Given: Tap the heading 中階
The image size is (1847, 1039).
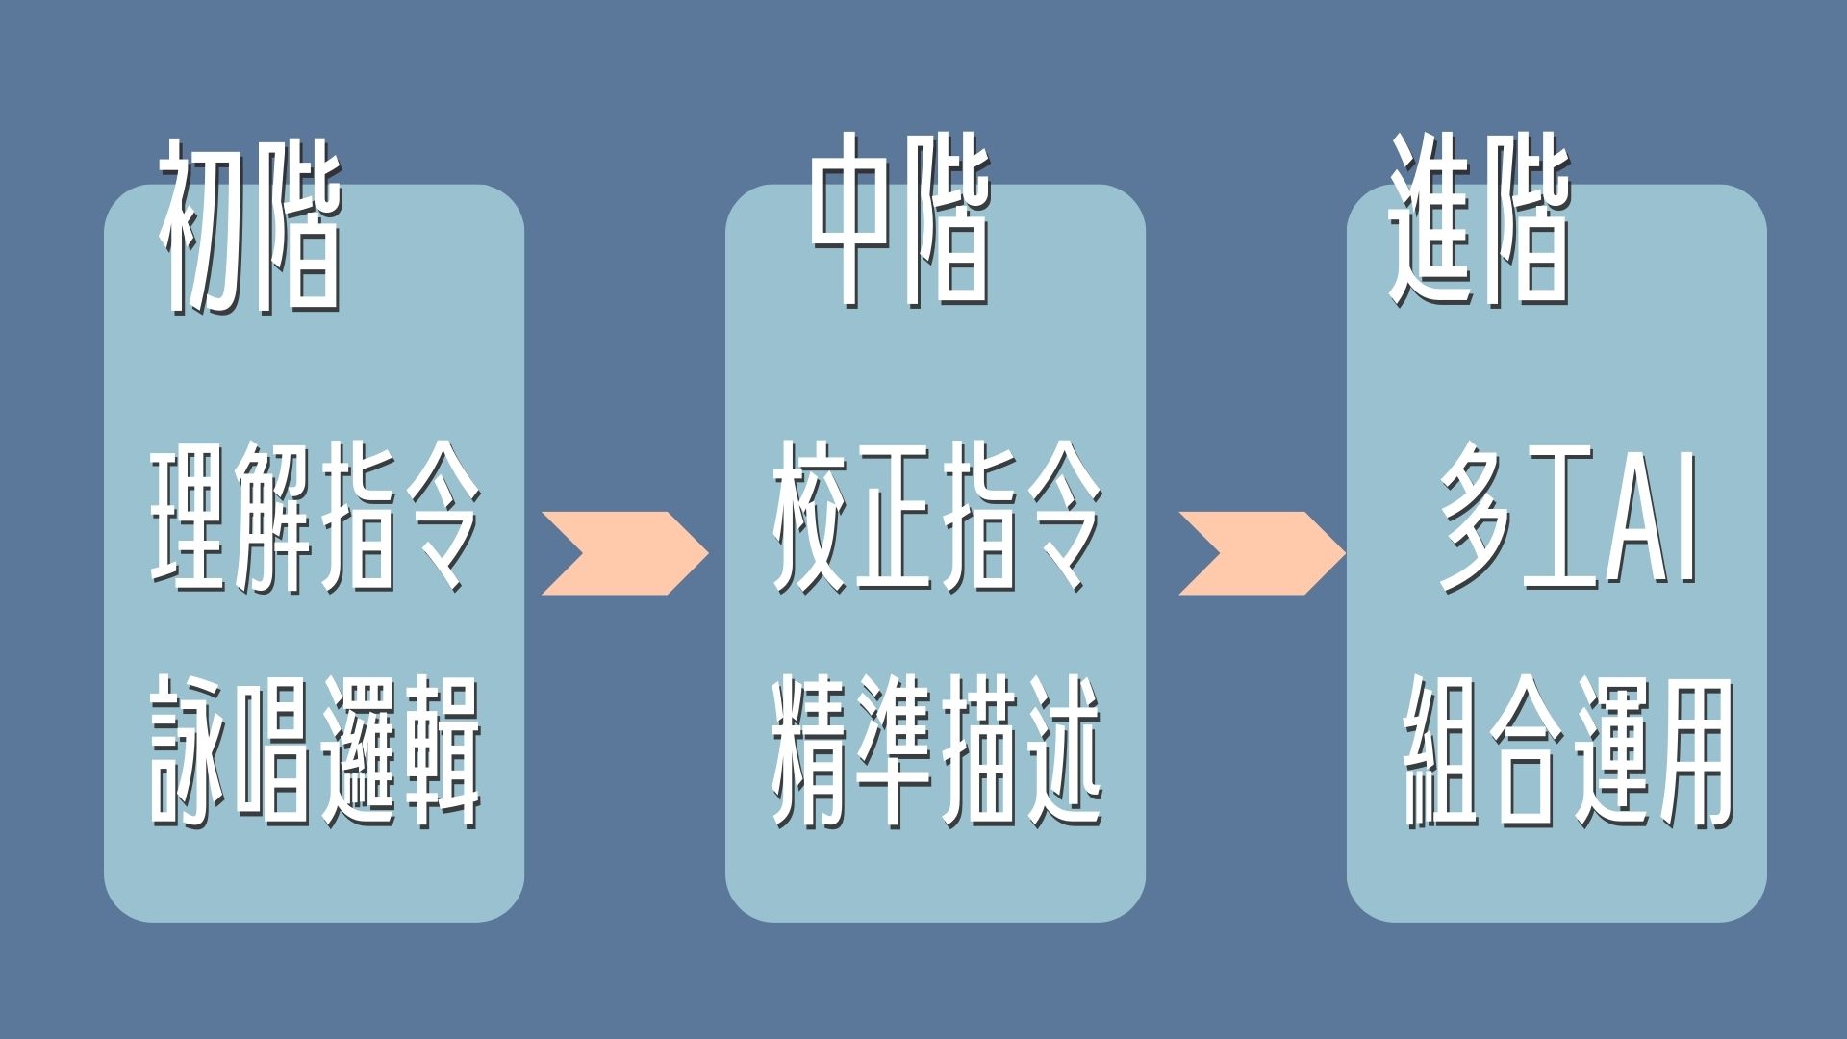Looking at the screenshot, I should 899,221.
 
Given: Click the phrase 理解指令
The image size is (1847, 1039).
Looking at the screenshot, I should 316,517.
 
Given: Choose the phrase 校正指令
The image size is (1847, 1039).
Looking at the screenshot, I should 936,517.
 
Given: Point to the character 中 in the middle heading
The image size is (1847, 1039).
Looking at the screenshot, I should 851,221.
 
